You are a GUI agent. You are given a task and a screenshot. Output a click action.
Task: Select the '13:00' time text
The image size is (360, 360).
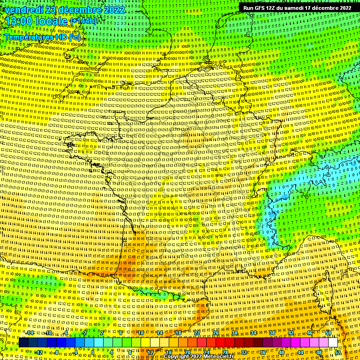tap(18, 22)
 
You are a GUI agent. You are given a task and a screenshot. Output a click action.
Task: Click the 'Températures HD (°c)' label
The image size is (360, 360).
tap(43, 37)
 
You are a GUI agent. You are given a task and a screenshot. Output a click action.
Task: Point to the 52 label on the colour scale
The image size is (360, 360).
tap(338, 352)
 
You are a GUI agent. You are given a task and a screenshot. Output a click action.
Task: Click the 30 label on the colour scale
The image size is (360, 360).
tap(235, 333)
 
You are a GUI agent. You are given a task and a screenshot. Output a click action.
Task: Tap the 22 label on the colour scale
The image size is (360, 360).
tap(197, 333)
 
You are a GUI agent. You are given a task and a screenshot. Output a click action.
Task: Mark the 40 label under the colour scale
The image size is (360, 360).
tap(281, 352)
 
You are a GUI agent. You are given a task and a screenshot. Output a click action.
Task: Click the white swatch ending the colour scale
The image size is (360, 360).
tap(333, 343)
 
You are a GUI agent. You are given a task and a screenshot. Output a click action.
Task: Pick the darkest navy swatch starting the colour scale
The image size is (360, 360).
tap(23, 343)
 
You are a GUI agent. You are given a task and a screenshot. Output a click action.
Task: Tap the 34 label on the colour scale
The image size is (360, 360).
tap(254, 333)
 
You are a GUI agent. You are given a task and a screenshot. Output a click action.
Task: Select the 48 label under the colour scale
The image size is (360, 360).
tap(319, 352)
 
